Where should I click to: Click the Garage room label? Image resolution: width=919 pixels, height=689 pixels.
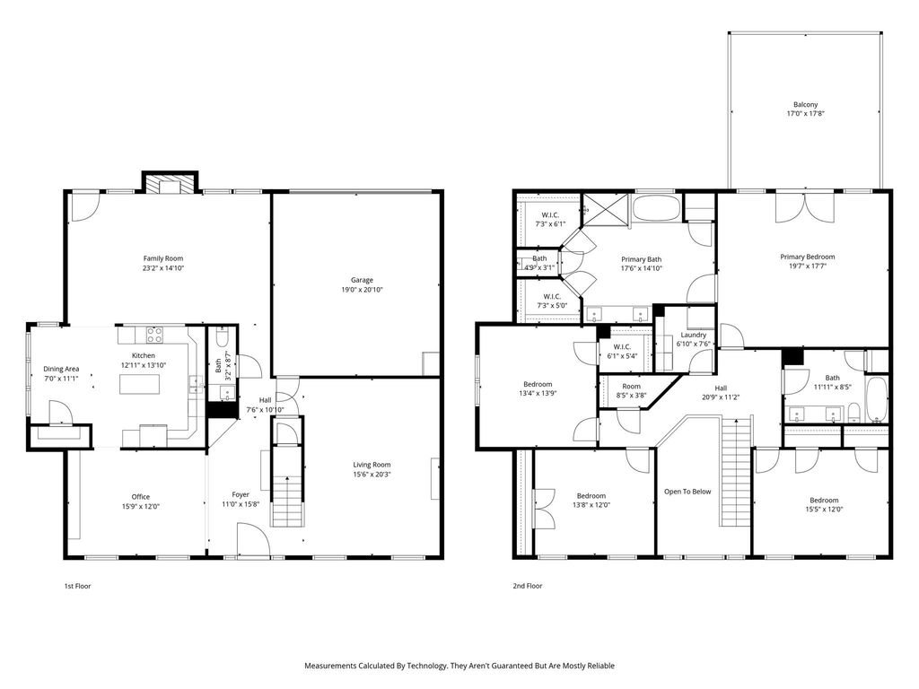tap(362, 280)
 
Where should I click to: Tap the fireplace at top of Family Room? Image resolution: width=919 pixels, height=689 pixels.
tap(171, 182)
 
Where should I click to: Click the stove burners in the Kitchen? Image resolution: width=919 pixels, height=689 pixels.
tap(154, 336)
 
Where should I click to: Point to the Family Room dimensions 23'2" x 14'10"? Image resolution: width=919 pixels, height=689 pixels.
tap(163, 267)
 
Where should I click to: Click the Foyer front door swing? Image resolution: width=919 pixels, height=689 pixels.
tap(253, 538)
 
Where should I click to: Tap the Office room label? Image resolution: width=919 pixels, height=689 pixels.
tap(141, 497)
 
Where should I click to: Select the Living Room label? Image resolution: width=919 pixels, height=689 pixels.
tap(372, 465)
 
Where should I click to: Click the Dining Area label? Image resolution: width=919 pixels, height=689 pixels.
tap(61, 369)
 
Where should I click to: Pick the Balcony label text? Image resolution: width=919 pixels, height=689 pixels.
tap(805, 104)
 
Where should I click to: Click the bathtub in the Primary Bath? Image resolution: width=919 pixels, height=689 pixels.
tap(656, 208)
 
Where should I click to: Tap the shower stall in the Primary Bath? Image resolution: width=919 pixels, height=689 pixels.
tap(605, 208)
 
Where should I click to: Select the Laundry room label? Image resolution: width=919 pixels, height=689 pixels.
tap(694, 335)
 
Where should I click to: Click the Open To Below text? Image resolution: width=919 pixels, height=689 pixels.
tap(687, 492)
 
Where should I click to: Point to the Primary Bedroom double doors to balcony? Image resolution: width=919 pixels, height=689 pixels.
tap(805, 207)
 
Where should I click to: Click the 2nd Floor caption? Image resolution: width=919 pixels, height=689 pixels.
tap(528, 586)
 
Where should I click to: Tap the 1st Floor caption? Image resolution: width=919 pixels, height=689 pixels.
tap(77, 586)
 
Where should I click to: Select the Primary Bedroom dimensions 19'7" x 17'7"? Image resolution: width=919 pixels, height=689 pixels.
tap(807, 266)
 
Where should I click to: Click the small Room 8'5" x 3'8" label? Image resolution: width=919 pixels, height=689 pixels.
tap(631, 386)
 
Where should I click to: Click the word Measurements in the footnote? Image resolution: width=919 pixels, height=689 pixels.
tap(330, 666)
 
